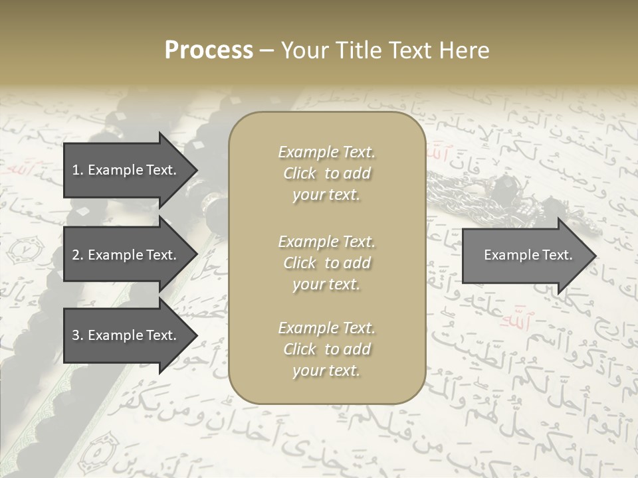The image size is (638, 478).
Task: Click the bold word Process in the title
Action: [209, 50]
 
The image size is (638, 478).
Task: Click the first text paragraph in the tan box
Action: [326, 173]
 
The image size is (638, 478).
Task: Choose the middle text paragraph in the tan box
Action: [326, 263]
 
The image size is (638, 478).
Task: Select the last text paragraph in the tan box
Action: [326, 349]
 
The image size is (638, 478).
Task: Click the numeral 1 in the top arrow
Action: [75, 170]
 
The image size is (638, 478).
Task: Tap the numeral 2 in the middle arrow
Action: [76, 255]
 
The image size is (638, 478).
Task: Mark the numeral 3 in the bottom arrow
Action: [76, 335]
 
